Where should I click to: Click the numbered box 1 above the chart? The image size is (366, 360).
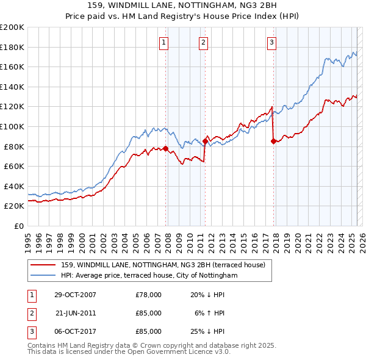point(165,42)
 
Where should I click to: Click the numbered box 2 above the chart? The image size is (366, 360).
point(203,42)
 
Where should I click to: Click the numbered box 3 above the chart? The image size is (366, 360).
point(271,42)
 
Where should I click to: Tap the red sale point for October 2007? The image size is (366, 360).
point(165,148)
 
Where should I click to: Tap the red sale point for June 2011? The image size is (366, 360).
point(205,142)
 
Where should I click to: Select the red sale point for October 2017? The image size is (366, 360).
point(273,142)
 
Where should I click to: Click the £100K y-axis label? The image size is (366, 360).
point(12,126)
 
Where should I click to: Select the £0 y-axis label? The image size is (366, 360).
point(19,226)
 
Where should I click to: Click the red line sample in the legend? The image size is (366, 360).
point(43,265)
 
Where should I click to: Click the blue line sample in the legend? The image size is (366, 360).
point(43,276)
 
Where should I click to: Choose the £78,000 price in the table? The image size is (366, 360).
point(148,295)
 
